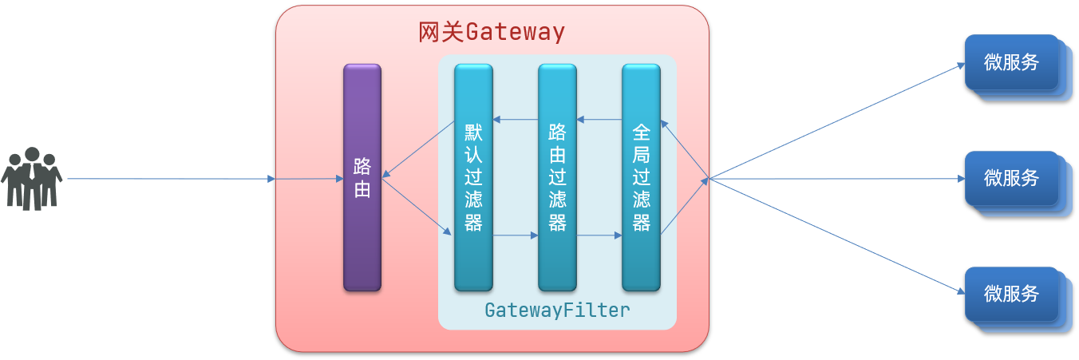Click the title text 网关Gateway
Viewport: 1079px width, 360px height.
[x=492, y=32]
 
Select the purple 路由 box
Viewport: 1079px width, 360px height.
[x=362, y=178]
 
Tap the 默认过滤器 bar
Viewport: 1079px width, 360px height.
[x=473, y=178]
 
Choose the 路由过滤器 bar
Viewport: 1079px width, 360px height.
[x=557, y=178]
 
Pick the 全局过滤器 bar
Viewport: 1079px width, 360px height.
[x=641, y=178]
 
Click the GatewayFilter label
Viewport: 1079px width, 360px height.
[x=557, y=311]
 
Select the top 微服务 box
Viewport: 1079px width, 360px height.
[x=1011, y=62]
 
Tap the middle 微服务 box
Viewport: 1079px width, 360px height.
[x=1011, y=179]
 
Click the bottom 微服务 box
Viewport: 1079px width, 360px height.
[x=1011, y=294]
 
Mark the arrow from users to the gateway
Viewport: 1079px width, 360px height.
[x=171, y=179]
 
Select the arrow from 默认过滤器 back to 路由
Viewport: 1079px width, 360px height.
[x=419, y=148]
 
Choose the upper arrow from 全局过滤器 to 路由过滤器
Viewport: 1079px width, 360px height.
[x=599, y=120]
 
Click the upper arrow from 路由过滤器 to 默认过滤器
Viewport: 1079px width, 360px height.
[x=516, y=120]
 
